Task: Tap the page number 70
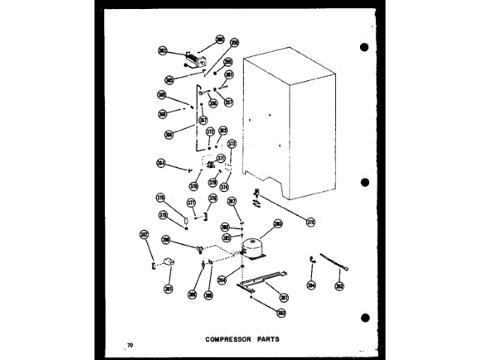coord(130,345)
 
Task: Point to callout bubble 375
coord(310,221)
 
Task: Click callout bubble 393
coord(339,285)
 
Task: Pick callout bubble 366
coord(169,135)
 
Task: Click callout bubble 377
coord(191,202)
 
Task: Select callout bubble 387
coord(232,201)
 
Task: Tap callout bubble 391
coord(169,287)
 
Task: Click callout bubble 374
coord(224,186)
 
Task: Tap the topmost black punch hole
coord(364,48)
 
